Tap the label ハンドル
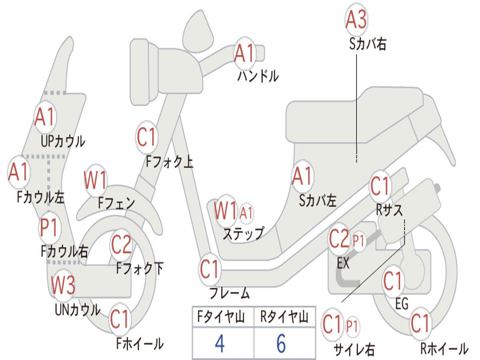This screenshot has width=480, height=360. coord(258,76)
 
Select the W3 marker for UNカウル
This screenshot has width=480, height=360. coord(63,285)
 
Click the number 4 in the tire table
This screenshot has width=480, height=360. coord(220,343)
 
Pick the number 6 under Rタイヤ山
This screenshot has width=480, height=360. coord(281,343)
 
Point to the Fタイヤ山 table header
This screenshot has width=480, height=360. coord(221,316)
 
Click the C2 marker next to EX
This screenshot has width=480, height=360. coord(339,239)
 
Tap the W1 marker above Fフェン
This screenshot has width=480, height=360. coord(95,180)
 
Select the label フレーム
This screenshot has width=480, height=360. coord(229,293)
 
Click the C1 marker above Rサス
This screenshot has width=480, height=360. coord(380,186)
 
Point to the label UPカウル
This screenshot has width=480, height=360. coord(63,142)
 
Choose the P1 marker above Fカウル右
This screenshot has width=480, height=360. coord(49,228)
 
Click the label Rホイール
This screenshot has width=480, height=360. coord(444,349)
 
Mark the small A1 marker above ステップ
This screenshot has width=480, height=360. coord(246,212)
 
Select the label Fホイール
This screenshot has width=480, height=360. coord(140,344)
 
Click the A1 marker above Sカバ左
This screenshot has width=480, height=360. coord(302,176)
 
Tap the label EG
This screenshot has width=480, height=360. coord(401,304)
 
